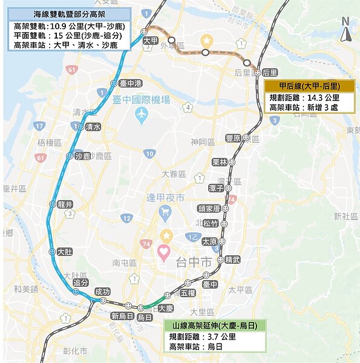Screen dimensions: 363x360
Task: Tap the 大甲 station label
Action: tap(150, 40)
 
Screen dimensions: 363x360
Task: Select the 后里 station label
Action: tap(270, 73)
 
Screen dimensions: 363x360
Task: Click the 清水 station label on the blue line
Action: tap(93, 127)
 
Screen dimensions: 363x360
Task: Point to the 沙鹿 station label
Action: tap(82, 156)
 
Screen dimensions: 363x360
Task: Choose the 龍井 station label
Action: tap(65, 204)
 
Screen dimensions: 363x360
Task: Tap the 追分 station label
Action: tap(80, 283)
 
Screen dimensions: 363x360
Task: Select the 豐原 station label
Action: tap(233, 138)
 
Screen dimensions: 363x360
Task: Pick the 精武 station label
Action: tap(232, 260)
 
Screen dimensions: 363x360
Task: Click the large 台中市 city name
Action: tap(193, 263)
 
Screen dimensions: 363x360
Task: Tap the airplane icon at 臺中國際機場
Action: tap(142, 114)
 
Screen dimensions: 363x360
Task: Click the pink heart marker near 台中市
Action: tap(163, 250)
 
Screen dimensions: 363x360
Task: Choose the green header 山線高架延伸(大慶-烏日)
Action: tap(215, 325)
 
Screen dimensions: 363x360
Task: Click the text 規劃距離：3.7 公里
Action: tap(202, 336)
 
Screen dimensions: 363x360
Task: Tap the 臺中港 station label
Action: tap(130, 83)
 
